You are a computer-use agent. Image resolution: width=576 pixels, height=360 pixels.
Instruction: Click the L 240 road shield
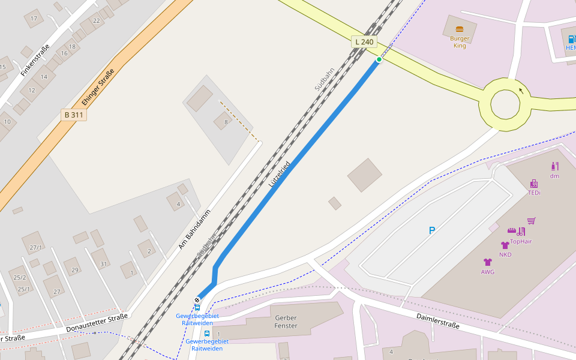(364, 41)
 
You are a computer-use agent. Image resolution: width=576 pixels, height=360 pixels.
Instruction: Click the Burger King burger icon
(460, 29)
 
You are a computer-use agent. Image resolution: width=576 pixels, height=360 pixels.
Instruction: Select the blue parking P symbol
(431, 230)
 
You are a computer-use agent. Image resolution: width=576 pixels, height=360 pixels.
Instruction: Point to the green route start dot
(379, 59)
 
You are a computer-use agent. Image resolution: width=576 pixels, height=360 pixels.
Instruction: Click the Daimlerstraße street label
(437, 321)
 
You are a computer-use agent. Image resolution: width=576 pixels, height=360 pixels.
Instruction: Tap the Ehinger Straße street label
(94, 88)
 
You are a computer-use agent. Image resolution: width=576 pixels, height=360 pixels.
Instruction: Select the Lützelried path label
(280, 174)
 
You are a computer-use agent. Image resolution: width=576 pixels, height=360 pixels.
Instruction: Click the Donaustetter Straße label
(97, 323)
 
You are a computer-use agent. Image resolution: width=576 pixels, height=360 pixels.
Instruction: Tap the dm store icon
(554, 166)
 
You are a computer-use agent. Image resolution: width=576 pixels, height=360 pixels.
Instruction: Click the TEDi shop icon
(533, 184)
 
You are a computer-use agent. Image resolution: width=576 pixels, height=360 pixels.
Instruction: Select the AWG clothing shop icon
(487, 262)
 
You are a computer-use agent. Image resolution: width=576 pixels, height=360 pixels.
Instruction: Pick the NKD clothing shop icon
(505, 245)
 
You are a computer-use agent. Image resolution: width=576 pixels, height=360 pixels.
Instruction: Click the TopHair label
(521, 242)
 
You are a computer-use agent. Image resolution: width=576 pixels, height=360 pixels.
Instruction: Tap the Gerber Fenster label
(285, 321)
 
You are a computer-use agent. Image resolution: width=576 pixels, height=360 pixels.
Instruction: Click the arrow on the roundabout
(521, 91)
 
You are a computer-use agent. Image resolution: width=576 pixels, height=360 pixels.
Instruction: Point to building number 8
(226, 122)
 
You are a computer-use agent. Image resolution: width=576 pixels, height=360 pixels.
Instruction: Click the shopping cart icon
(531, 221)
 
